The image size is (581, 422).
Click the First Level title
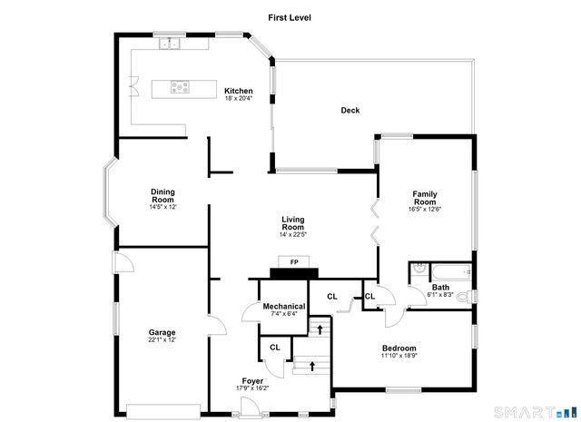290,16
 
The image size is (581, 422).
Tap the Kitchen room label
239,91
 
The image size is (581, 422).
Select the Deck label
350,111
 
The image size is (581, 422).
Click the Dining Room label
163,195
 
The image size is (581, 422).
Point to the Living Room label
292,223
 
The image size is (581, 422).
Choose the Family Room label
425,198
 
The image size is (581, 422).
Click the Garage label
162,332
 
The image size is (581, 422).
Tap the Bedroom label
399,348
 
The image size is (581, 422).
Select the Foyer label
252,380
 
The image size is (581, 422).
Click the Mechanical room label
284,307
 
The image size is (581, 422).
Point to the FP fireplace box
293,263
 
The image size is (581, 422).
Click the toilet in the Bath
463,296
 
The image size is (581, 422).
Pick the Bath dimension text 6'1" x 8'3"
441,295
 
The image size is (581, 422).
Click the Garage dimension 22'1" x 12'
162,339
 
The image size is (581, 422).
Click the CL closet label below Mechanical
275,347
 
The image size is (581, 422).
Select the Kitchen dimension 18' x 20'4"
239,98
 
